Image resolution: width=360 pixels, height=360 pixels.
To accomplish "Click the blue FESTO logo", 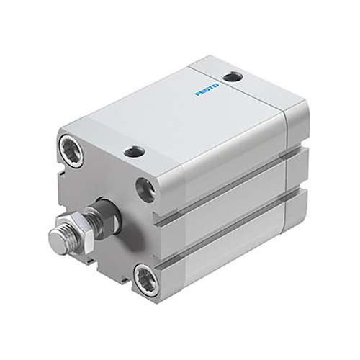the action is [x=207, y=89].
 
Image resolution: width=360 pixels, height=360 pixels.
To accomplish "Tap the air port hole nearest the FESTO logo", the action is [x=233, y=77].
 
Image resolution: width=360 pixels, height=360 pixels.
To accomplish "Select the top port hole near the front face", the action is [x=134, y=152].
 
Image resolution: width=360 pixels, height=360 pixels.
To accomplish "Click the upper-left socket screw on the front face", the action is [x=71, y=150].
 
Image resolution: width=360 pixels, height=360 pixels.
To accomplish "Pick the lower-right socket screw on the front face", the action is [x=146, y=280].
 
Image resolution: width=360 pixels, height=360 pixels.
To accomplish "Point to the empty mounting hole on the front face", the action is [x=145, y=190].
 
